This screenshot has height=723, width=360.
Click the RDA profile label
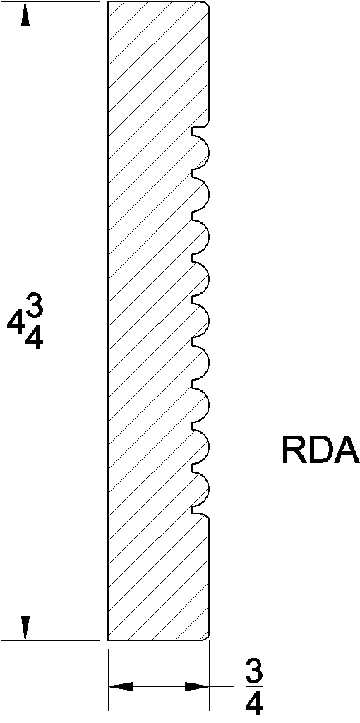[320, 451]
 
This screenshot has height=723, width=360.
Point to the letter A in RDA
[347, 451]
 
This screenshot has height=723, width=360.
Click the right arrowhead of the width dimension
[196, 686]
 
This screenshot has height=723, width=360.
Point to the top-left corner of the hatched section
[109, 3]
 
